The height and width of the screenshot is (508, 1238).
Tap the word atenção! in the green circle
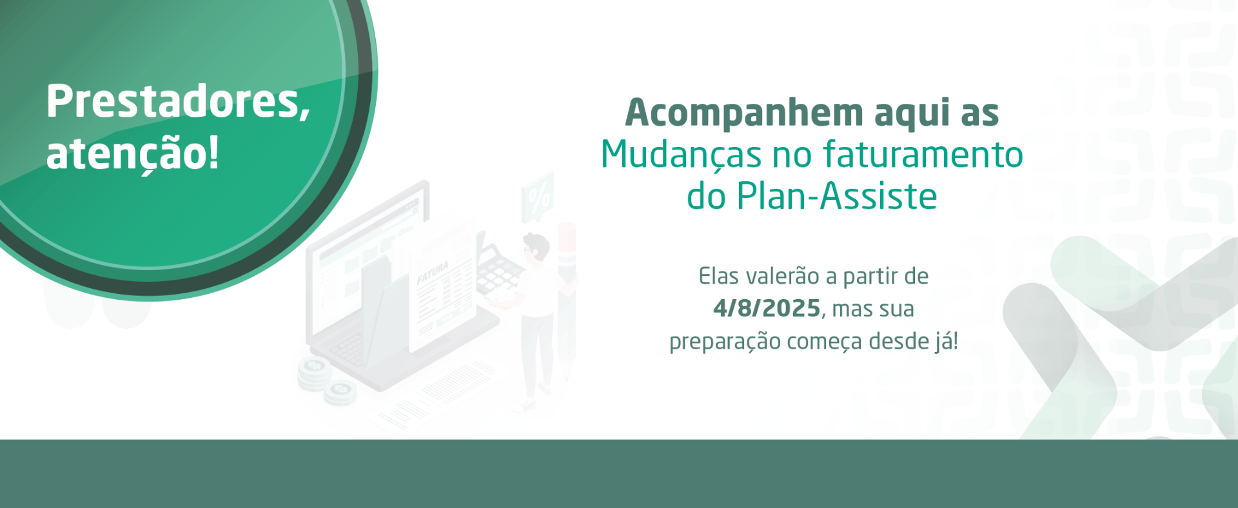pos(132,154)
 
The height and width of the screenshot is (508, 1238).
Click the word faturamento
pos(923,155)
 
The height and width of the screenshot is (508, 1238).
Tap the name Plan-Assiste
pos(836,196)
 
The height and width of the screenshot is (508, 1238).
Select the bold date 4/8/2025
pos(767,309)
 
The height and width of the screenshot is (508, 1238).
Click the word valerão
pos(782,277)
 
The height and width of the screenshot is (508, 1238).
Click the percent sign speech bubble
pos(538,196)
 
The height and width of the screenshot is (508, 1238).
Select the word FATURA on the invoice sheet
pos(432,273)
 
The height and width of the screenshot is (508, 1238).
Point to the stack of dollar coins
pos(315,373)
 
